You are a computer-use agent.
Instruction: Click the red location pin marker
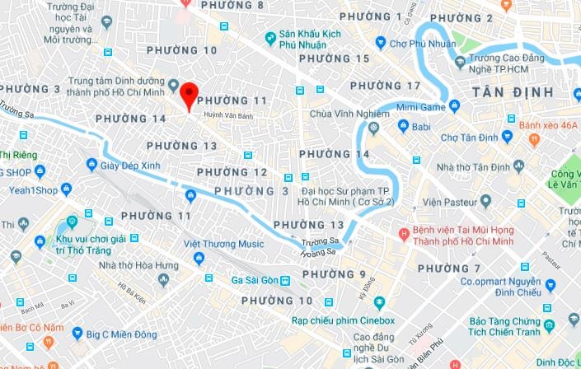click(x=189, y=95)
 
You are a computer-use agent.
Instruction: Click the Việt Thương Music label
click(x=224, y=244)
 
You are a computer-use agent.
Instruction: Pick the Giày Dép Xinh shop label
click(x=129, y=164)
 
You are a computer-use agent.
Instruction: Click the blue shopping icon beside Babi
click(x=403, y=126)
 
